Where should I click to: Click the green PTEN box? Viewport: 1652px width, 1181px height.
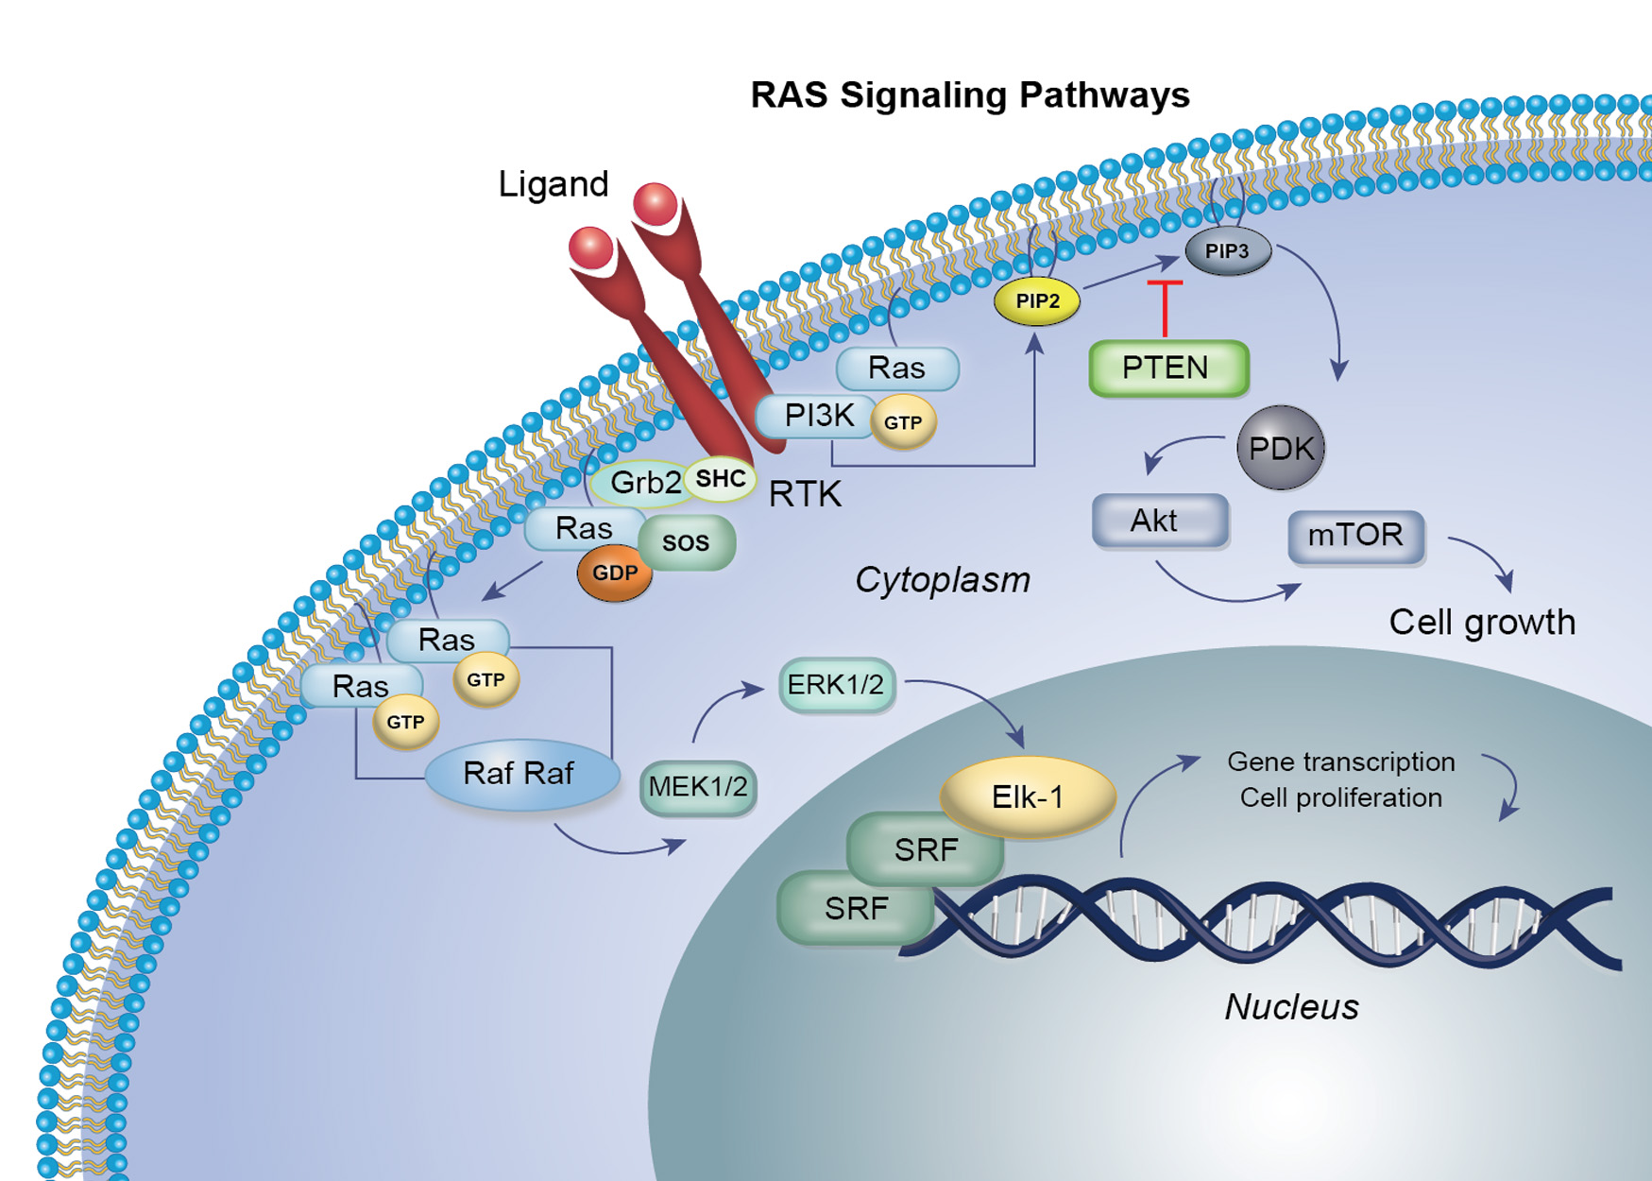pos(1168,368)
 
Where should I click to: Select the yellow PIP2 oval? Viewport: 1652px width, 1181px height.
pos(1037,301)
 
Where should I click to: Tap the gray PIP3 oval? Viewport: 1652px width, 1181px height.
pos(1227,251)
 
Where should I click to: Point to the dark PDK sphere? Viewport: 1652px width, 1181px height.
pos(1281,448)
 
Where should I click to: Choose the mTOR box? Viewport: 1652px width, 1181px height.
pos(1355,536)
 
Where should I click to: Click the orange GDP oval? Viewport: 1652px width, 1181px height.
pos(615,573)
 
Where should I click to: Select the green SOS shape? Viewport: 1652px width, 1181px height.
pos(687,541)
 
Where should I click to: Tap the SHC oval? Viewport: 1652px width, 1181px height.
pos(721,479)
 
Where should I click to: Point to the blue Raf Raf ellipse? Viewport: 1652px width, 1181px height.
pos(520,774)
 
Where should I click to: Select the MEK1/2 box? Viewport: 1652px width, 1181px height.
pos(698,787)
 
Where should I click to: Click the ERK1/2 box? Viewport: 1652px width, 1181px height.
pos(836,685)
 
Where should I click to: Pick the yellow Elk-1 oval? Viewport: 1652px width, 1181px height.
pos(1028,797)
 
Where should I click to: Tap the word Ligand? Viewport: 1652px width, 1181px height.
pos(553,184)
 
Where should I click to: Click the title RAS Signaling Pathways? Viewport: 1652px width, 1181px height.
pos(970,95)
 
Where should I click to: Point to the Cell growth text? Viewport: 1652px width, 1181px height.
pos(1481,623)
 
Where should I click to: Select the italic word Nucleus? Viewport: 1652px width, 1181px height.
pos(1291,1007)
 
